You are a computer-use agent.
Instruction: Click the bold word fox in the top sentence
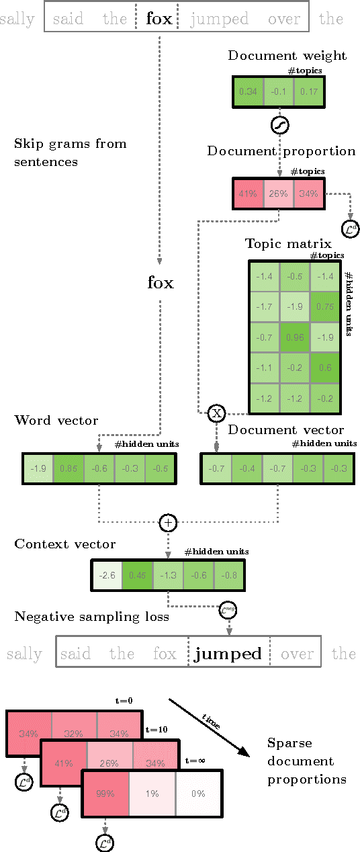[x=159, y=19]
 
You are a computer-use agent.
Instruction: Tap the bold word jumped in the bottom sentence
[x=228, y=654]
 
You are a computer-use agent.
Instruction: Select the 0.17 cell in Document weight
[x=309, y=91]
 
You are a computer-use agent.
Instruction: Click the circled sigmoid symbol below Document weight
[x=279, y=125]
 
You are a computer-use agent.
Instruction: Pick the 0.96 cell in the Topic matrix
[x=294, y=337]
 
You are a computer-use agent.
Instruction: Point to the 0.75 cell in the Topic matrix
[x=326, y=306]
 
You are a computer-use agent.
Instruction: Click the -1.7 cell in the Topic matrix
[x=263, y=306]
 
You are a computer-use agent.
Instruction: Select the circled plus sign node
[x=168, y=522]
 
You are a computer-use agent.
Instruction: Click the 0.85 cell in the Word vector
[x=68, y=468]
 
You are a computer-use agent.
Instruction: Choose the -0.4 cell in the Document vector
[x=248, y=468]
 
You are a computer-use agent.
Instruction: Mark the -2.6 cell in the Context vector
[x=106, y=574]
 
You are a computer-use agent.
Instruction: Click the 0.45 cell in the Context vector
[x=137, y=574]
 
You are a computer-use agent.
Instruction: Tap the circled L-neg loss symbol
[x=229, y=611]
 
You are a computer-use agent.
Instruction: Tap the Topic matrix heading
[x=277, y=243]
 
